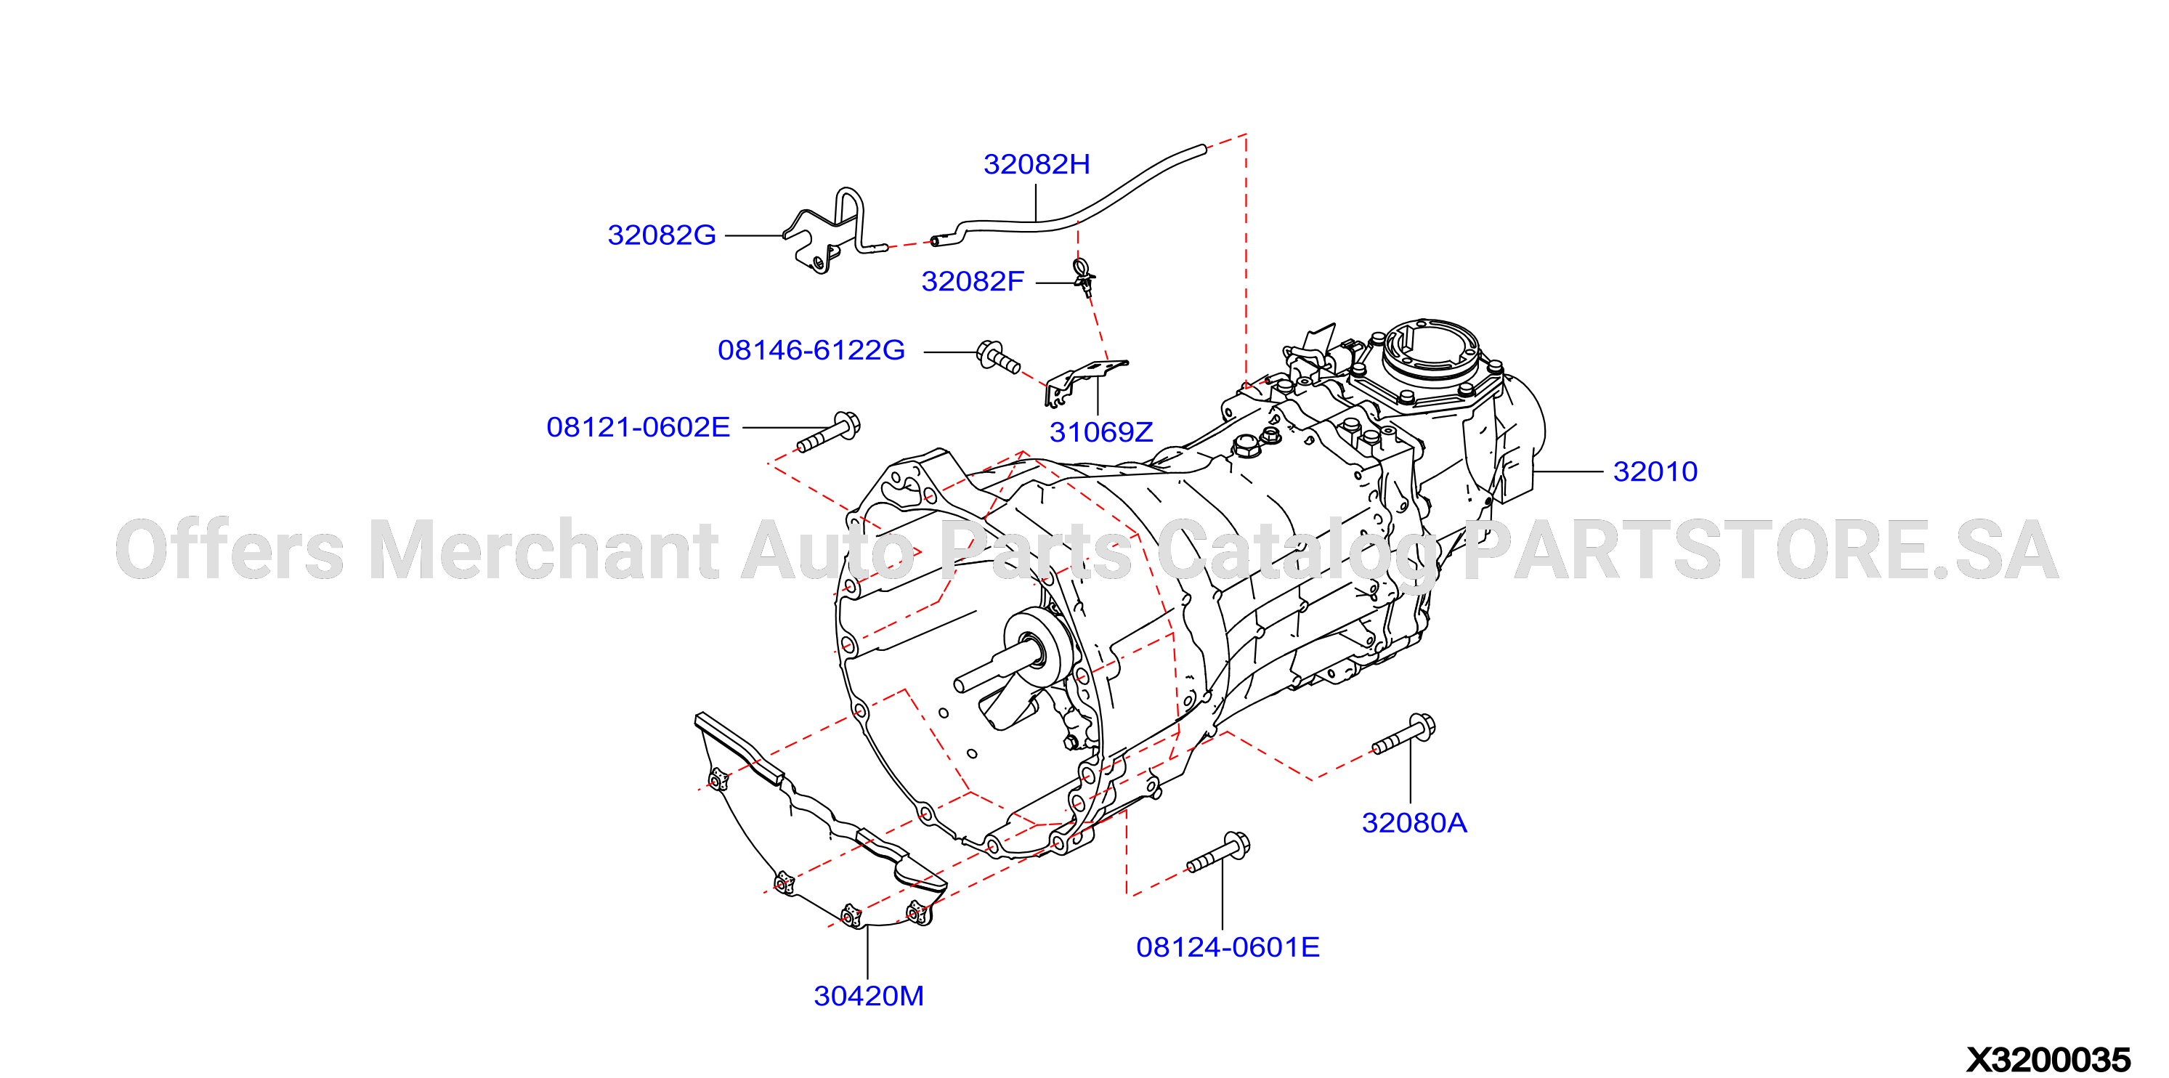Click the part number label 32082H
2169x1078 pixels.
pyautogui.click(x=1037, y=164)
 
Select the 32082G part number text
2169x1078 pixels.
pyautogui.click(x=662, y=235)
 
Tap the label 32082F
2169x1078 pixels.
pyautogui.click(x=973, y=281)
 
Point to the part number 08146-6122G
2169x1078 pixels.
pyautogui.click(x=811, y=350)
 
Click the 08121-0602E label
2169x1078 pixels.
pyautogui.click(x=638, y=427)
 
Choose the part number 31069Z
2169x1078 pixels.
pyautogui.click(x=1100, y=432)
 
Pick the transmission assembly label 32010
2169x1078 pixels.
pyautogui.click(x=1655, y=471)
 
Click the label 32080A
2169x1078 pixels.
pyautogui.click(x=1414, y=823)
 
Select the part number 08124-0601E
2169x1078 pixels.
pyautogui.click(x=1228, y=947)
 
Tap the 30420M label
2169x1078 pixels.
pyautogui.click(x=869, y=997)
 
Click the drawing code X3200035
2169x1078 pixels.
pyautogui.click(x=2048, y=1059)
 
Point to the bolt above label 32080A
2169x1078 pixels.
pyautogui.click(x=1403, y=734)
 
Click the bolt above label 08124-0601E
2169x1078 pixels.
pyautogui.click(x=1217, y=852)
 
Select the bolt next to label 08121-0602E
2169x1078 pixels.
pyautogui.click(x=829, y=432)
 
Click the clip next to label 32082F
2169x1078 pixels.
pyautogui.click(x=1084, y=277)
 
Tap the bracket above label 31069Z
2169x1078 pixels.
pyautogui.click(x=1085, y=381)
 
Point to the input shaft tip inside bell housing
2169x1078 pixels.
pyautogui.click(x=960, y=686)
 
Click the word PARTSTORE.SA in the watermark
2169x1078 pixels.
pyautogui.click(x=1760, y=550)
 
